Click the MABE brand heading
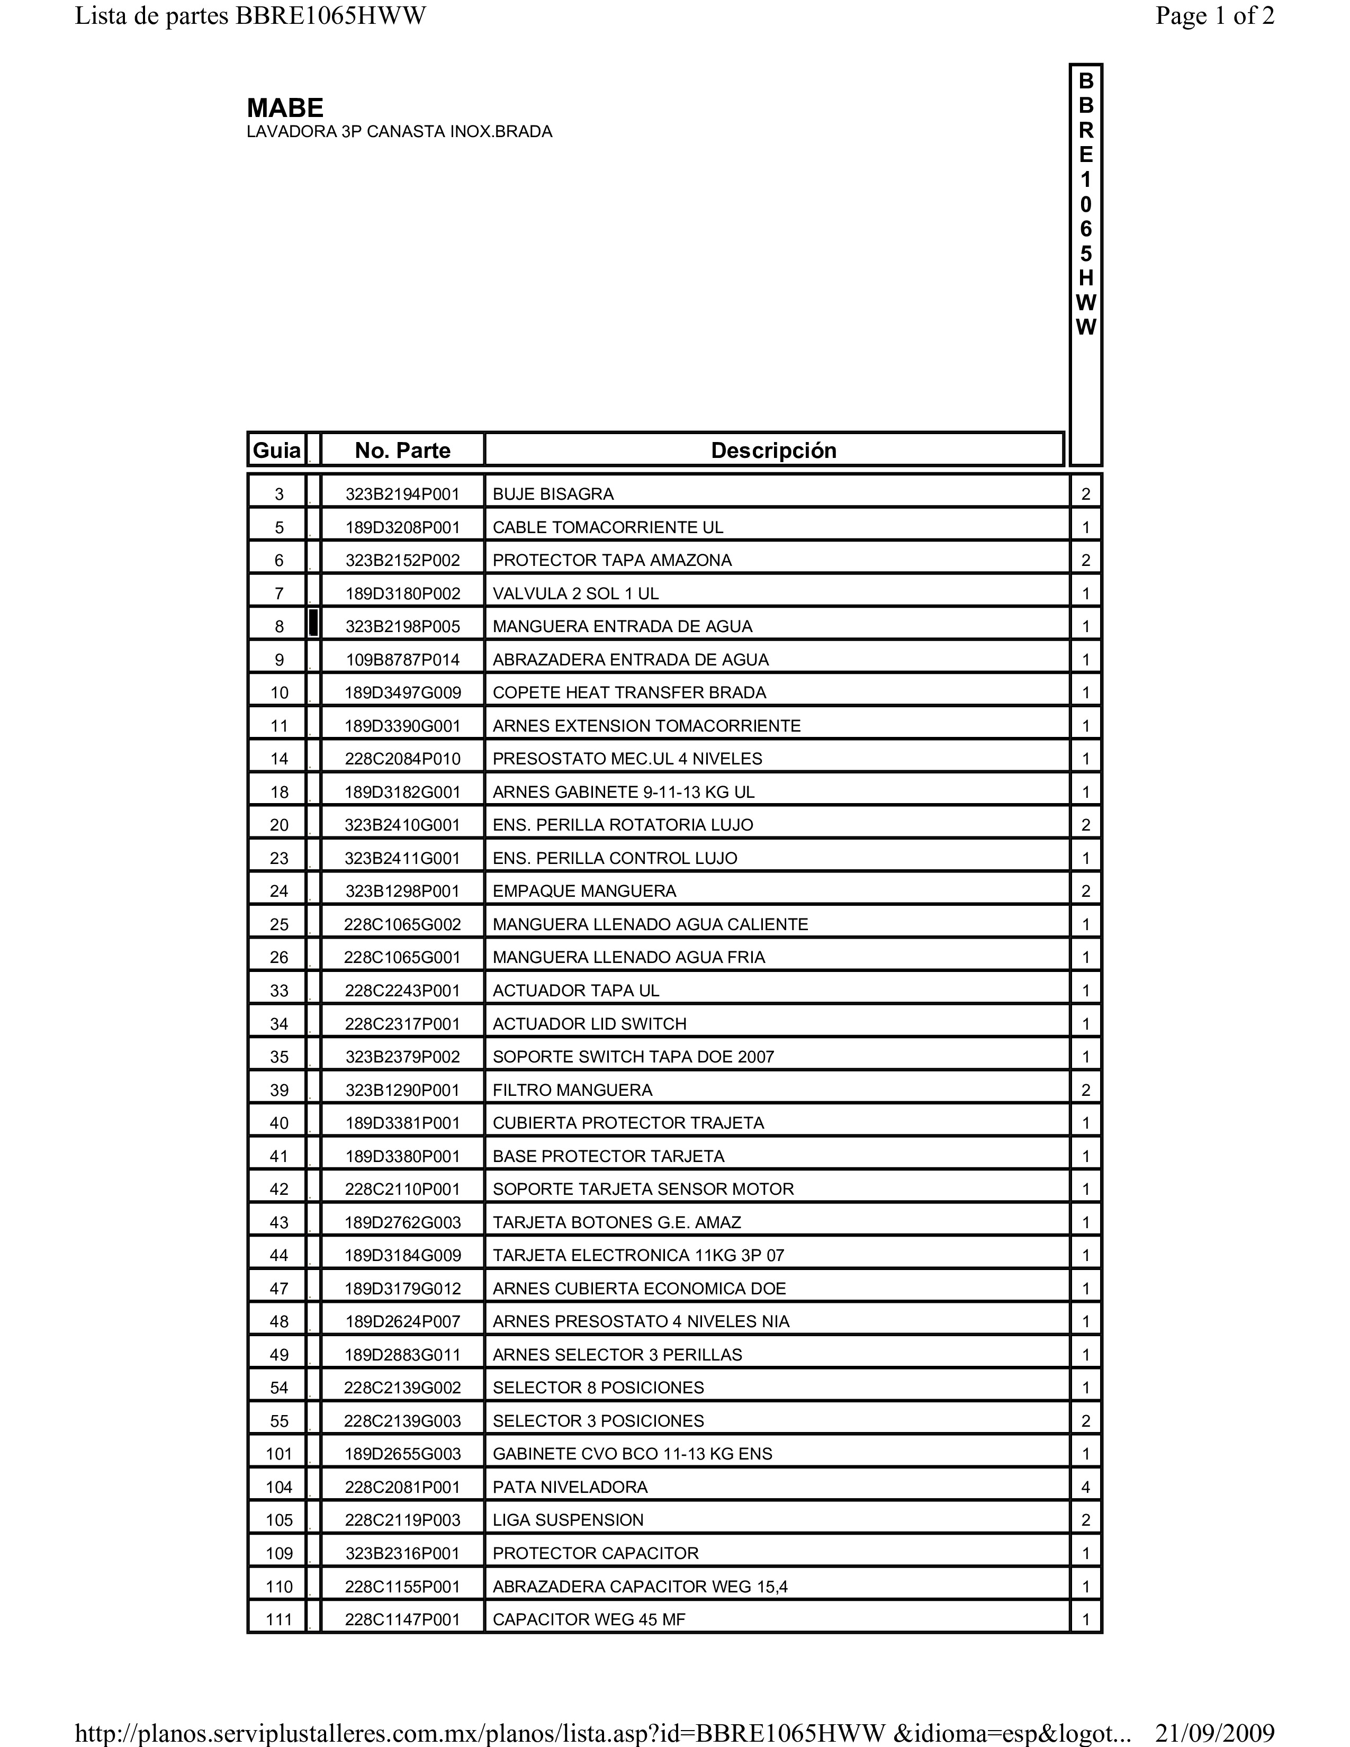tap(285, 108)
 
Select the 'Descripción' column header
tap(773, 451)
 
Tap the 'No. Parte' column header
tap(402, 451)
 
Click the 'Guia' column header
tap(277, 451)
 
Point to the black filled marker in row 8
tap(313, 623)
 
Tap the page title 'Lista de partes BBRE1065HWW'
tap(250, 16)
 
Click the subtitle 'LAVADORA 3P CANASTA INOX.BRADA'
tap(399, 132)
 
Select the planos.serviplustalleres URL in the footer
tap(604, 1733)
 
